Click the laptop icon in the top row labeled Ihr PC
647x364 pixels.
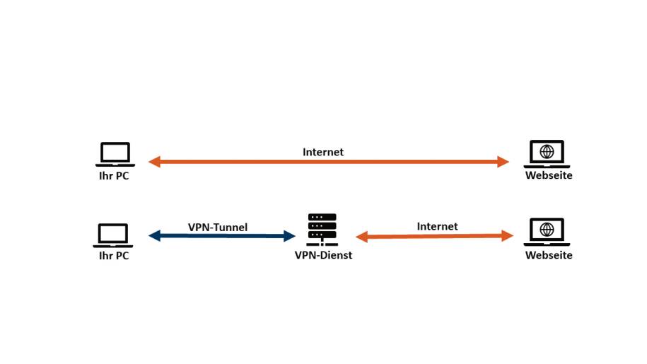pos(115,154)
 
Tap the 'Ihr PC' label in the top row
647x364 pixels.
pos(114,176)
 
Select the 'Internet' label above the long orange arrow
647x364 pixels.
pos(323,152)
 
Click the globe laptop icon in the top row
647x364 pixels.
pos(547,153)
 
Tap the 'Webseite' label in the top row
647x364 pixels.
pos(549,175)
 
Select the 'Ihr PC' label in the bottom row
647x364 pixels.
pos(114,256)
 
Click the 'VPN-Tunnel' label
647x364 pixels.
pos(218,228)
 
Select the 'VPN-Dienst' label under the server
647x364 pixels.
pos(323,255)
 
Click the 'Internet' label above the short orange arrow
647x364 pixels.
pos(437,226)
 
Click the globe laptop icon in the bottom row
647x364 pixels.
pos(547,232)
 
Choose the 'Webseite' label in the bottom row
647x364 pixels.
pos(549,255)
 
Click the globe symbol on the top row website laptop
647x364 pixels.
pos(547,151)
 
